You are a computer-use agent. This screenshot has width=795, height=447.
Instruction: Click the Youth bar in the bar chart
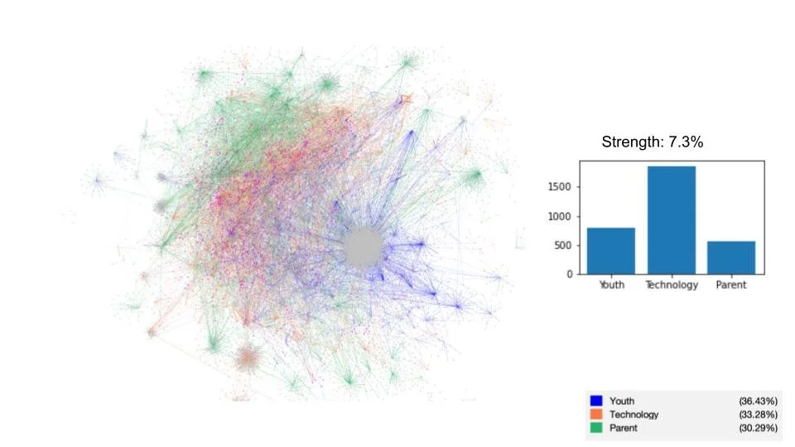[x=611, y=251]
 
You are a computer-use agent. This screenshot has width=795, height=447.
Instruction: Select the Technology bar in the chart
[x=672, y=220]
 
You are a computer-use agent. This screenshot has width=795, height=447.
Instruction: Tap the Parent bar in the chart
[x=731, y=257]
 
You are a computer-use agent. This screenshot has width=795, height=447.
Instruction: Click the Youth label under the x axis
[x=611, y=286]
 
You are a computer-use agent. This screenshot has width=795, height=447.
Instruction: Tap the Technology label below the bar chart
[x=672, y=286]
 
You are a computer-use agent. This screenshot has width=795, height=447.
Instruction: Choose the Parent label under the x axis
[x=731, y=286]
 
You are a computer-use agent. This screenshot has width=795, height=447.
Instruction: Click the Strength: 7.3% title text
[x=653, y=142]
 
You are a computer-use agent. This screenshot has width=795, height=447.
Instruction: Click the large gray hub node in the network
[x=363, y=247]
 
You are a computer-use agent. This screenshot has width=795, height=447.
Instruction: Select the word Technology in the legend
[x=634, y=414]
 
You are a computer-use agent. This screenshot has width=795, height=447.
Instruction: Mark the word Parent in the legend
[x=624, y=428]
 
